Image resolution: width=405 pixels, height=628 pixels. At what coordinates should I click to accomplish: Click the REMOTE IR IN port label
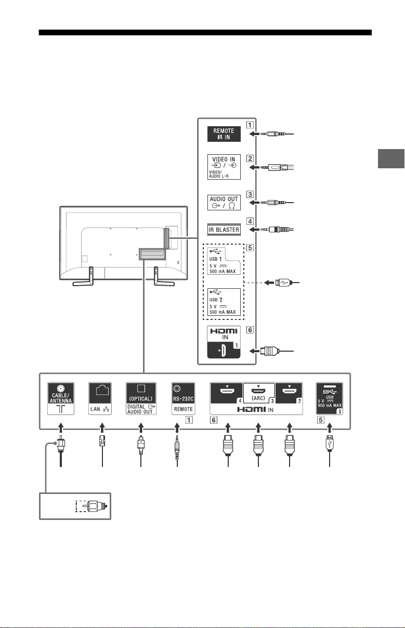[x=224, y=133]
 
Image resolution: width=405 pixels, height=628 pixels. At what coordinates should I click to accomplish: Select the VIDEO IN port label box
[x=224, y=167]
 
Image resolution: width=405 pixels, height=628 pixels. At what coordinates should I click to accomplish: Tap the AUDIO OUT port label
[x=224, y=202]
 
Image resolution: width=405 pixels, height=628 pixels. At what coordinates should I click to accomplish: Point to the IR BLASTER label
[x=224, y=230]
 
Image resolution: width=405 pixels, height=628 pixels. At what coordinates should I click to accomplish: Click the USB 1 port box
[x=224, y=261]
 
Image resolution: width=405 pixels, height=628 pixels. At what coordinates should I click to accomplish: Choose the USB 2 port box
[x=224, y=302]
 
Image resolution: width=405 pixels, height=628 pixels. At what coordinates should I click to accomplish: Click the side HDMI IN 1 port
[x=224, y=342]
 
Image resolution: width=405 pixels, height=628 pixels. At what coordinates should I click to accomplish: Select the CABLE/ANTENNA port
[x=61, y=398]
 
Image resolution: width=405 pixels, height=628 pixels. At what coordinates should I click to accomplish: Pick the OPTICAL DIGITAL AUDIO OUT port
[x=141, y=398]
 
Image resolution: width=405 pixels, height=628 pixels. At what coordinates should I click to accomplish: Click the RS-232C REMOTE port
[x=184, y=398]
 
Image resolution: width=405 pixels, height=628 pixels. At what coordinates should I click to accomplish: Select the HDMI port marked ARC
[x=259, y=393]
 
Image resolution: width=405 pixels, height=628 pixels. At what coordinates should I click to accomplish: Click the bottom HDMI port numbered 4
[x=227, y=393]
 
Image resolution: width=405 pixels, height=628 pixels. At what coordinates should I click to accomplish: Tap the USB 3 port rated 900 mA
[x=330, y=398]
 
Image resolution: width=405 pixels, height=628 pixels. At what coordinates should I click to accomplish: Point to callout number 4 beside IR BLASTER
[x=250, y=221]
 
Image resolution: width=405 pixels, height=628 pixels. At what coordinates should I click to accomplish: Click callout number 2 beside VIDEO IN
[x=250, y=158]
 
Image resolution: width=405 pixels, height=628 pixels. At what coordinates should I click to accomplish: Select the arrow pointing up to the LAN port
[x=102, y=428]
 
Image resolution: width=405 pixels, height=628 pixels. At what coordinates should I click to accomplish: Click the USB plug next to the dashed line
[x=283, y=283]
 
